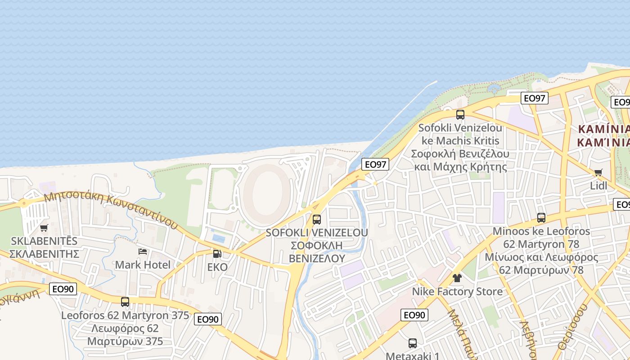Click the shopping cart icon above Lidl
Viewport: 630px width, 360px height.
pos(598,172)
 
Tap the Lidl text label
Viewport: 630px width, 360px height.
pos(598,185)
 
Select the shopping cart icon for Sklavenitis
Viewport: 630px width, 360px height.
pos(44,228)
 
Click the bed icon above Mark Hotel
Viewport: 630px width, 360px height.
pos(143,252)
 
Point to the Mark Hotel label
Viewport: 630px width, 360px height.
pos(143,265)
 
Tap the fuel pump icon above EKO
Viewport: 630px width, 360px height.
pos(217,254)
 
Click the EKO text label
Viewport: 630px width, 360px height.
pos(217,267)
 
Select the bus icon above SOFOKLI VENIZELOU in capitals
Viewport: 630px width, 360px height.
pos(317,220)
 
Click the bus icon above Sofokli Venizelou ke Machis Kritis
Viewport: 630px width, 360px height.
pos(460,115)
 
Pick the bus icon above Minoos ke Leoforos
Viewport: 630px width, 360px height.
pos(541,218)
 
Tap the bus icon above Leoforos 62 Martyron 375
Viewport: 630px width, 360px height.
pos(125,302)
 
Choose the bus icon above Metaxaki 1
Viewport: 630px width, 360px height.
pos(413,343)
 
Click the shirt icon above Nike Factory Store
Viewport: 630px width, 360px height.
pos(457,278)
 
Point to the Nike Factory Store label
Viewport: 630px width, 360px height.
pos(457,292)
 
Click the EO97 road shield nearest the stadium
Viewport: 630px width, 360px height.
pos(375,164)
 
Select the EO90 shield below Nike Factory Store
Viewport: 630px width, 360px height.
pos(414,315)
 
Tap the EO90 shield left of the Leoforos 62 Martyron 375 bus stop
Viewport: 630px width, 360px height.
pos(63,289)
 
